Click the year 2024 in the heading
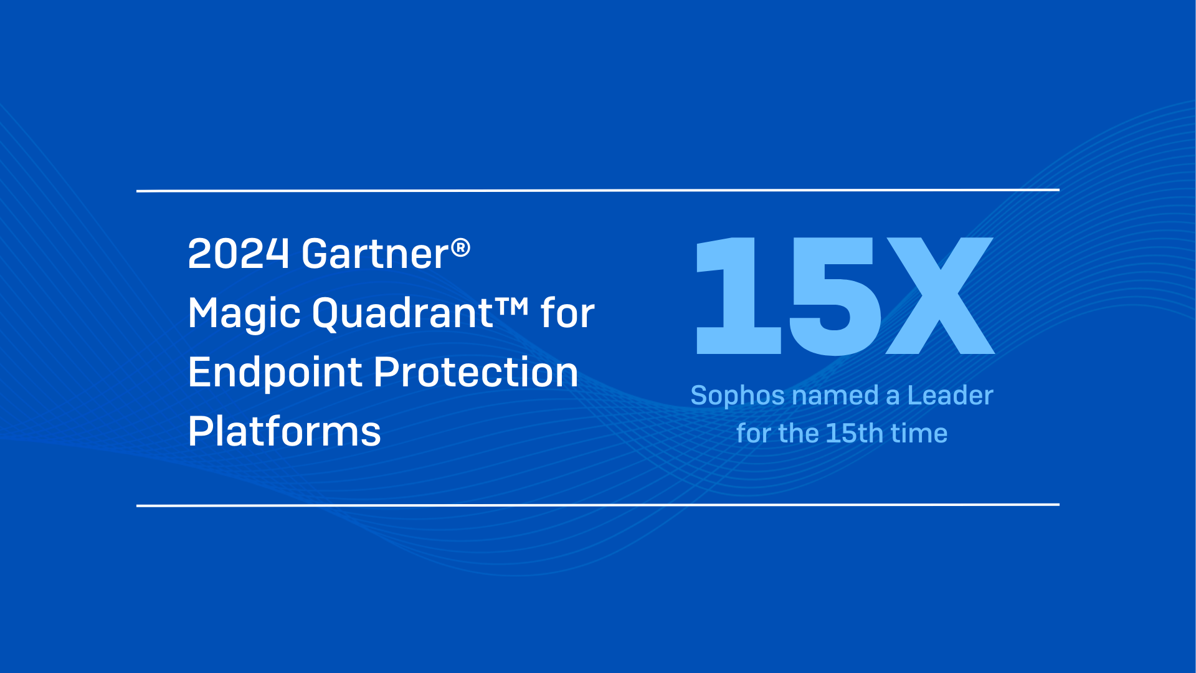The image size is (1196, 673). [x=238, y=254]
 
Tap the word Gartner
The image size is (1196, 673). [x=375, y=254]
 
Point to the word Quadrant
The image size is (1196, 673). [x=402, y=313]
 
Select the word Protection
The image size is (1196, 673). [x=476, y=373]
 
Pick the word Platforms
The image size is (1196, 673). [x=284, y=431]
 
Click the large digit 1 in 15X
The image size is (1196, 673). [x=739, y=297]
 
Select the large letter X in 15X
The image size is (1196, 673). [x=939, y=297]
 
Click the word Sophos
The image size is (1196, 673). [x=738, y=396]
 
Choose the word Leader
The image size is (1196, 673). [x=950, y=396]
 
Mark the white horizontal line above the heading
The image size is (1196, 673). [x=598, y=190]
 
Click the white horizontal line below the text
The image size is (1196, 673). [x=598, y=505]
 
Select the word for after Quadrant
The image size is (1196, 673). [x=567, y=313]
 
